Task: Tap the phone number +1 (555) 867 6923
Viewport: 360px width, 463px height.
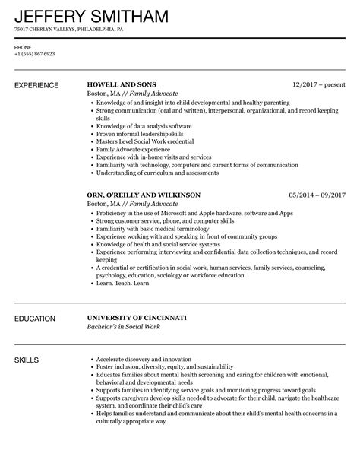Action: [34, 55]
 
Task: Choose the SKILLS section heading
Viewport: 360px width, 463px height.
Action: [27, 358]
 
